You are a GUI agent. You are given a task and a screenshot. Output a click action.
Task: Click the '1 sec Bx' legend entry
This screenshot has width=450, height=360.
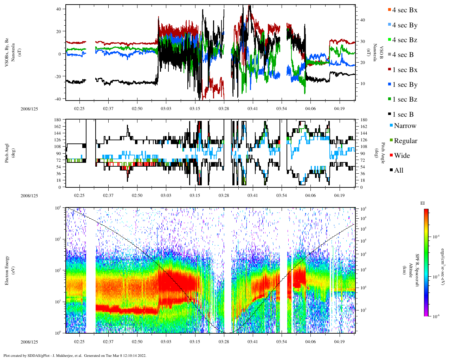click(405, 70)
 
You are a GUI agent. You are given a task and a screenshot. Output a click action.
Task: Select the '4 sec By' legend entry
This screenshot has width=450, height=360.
click(405, 25)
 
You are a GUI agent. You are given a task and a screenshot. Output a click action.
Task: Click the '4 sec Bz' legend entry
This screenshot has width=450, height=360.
click(405, 40)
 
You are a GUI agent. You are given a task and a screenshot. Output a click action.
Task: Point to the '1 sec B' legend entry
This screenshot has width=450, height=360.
click(403, 115)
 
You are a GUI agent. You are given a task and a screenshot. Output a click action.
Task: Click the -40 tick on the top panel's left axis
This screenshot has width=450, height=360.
click(58, 99)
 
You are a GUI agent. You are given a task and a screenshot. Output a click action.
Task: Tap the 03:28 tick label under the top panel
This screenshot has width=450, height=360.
click(224, 109)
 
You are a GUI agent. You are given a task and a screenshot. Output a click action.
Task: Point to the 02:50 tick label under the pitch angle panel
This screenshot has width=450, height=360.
click(137, 196)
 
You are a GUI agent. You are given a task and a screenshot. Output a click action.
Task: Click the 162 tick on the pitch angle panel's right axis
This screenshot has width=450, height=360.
click(364, 127)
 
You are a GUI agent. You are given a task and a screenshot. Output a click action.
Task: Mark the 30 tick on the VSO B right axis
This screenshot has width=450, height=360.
click(362, 41)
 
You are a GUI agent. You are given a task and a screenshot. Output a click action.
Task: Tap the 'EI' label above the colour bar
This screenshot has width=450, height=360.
click(423, 203)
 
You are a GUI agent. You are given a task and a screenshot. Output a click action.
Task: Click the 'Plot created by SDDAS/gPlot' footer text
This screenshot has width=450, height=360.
click(75, 355)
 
